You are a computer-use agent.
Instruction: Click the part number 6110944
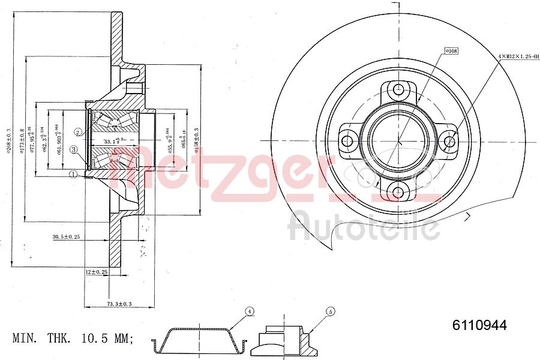[x=479, y=326]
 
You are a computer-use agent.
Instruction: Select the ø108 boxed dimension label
[x=451, y=51]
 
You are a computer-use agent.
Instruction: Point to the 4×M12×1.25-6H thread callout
[x=518, y=55]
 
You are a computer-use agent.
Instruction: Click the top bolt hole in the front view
[x=398, y=91]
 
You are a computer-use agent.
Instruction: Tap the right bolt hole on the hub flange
[x=449, y=142]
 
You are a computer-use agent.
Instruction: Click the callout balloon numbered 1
[x=73, y=175]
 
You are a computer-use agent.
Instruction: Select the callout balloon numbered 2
[x=79, y=132]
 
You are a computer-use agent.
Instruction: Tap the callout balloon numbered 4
[x=249, y=311]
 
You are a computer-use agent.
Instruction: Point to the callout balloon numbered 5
[x=329, y=311]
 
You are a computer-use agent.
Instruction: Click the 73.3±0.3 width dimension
[x=119, y=305]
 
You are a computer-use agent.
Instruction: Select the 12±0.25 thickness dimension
[x=96, y=272]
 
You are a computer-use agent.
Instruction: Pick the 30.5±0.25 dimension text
[x=66, y=236]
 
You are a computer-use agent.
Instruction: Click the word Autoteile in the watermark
[x=364, y=227]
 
